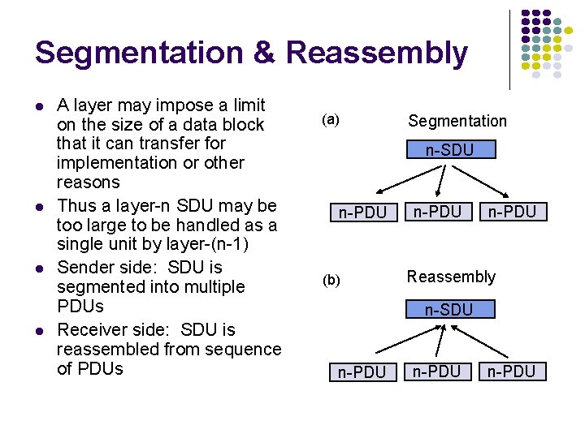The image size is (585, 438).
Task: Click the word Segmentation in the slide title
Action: coord(139,54)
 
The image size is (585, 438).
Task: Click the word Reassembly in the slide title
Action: coord(377,54)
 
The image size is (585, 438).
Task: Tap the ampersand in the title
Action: coord(265,54)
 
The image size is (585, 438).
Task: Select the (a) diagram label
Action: coord(330,120)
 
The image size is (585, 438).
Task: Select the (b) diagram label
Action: coord(330,280)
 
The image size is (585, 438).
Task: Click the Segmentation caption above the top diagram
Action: coord(457,121)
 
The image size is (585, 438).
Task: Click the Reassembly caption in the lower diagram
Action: coord(451,277)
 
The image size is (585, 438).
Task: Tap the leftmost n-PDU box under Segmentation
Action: coord(362,213)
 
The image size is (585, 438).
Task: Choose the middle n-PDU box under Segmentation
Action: coord(437,212)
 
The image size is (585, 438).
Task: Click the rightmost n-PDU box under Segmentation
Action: coord(512,212)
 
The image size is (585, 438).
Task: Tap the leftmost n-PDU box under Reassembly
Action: coord(362,372)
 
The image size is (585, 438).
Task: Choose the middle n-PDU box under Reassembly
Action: coord(437,371)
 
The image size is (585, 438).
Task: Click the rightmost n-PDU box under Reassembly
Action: coord(512,371)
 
